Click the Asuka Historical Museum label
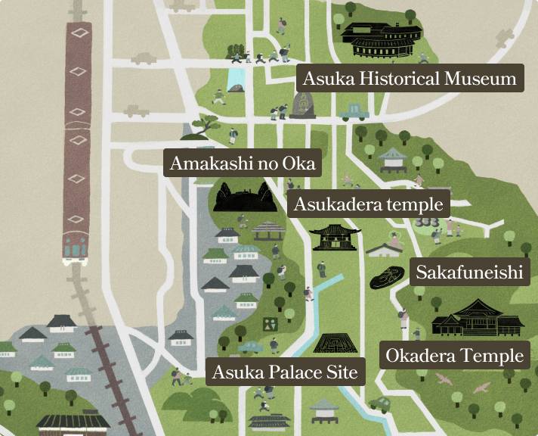pos(410,78)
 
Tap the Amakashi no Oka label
pos(242,163)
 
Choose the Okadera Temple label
pos(454,355)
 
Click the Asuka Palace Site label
pos(284,372)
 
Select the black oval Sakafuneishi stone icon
pos(389,277)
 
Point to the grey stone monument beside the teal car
pos(301,107)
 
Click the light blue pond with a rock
pos(237,80)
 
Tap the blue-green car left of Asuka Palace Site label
pos(250,347)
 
